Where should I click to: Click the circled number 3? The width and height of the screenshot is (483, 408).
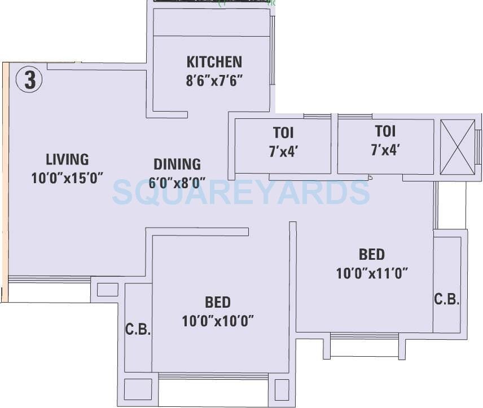(29, 80)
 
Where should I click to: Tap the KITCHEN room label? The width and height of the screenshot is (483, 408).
(214, 62)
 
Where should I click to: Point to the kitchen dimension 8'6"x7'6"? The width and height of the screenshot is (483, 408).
(214, 81)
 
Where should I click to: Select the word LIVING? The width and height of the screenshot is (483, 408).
(67, 159)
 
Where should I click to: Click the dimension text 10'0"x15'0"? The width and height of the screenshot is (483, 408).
(67, 179)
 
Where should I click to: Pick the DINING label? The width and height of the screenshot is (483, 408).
(177, 165)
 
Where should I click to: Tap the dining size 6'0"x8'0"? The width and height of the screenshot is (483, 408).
(177, 183)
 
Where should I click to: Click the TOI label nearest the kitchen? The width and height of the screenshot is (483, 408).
(283, 134)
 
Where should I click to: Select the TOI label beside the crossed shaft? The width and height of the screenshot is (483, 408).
(385, 132)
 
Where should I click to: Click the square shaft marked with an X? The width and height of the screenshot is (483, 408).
(457, 148)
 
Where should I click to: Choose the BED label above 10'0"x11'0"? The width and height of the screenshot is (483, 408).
(372, 254)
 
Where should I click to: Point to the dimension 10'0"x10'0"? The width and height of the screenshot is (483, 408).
(218, 321)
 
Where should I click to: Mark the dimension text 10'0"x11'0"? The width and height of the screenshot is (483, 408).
(372, 274)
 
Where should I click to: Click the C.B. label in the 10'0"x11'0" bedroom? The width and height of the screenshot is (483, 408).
(446, 300)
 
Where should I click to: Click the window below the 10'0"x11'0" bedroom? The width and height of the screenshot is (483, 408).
(364, 336)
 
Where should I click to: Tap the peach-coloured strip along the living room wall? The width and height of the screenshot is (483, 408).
(5, 180)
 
